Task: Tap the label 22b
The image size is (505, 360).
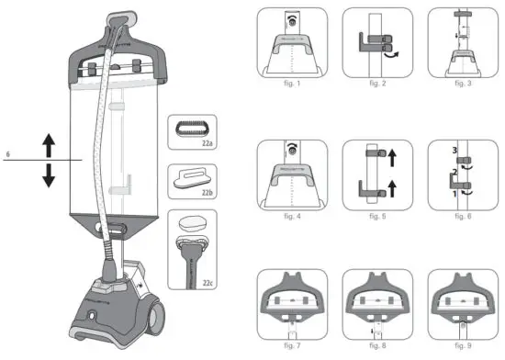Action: pos(207,195)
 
